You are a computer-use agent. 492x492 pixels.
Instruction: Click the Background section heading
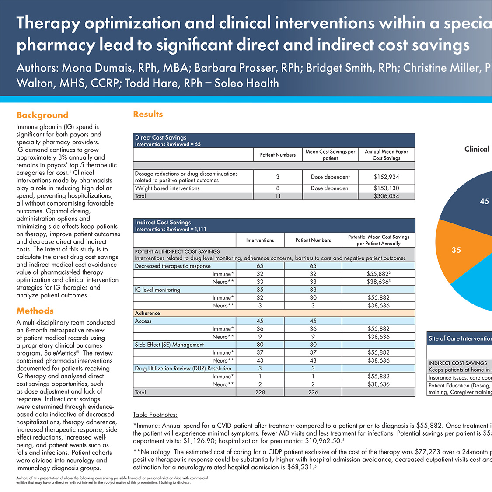click(x=42, y=115)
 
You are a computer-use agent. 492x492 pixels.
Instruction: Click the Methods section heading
click(x=35, y=311)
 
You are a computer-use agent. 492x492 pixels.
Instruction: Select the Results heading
click(x=148, y=114)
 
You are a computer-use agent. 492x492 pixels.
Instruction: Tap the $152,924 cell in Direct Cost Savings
click(x=386, y=177)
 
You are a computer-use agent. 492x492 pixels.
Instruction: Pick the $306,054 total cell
click(x=386, y=196)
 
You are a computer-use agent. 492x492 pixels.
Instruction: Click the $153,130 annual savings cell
click(x=386, y=188)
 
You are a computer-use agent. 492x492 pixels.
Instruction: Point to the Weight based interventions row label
click(x=167, y=188)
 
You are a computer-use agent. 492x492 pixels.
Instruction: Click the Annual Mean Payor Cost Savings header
click(x=386, y=155)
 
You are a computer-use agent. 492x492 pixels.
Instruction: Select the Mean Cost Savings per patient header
click(x=330, y=155)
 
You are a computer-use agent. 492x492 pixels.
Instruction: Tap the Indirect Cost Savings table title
click(x=163, y=223)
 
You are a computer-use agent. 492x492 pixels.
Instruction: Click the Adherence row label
click(x=147, y=313)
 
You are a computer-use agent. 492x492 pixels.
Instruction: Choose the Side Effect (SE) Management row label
click(x=169, y=345)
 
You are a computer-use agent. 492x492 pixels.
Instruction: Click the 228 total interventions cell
click(x=260, y=392)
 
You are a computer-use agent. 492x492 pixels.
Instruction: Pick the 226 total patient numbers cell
click(x=313, y=392)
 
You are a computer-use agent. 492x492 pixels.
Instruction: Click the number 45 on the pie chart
click(x=484, y=201)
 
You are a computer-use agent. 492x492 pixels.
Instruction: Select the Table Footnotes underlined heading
click(x=155, y=415)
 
